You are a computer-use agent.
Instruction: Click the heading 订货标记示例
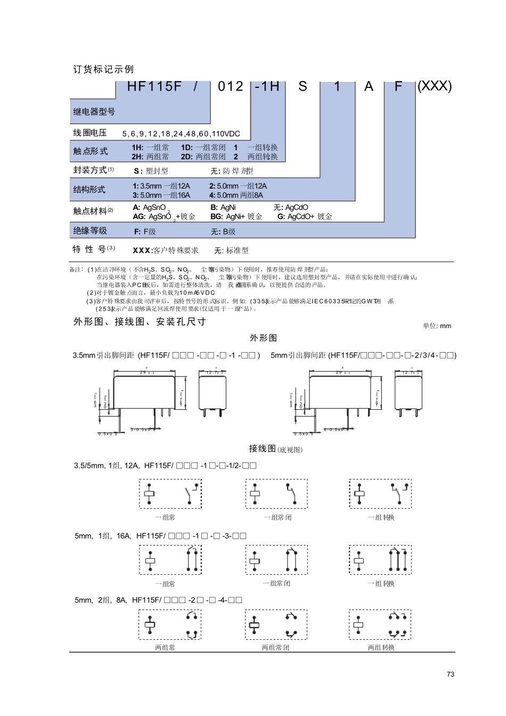click(x=103, y=70)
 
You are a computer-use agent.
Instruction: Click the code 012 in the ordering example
click(x=231, y=87)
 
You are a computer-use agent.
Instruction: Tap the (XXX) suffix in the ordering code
click(x=435, y=86)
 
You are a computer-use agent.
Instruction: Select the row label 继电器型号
click(x=94, y=112)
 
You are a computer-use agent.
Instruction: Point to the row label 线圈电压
click(x=90, y=133)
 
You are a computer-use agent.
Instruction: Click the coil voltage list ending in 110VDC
click(x=181, y=134)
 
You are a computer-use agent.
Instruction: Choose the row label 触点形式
click(x=91, y=151)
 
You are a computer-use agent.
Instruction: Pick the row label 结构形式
click(x=89, y=190)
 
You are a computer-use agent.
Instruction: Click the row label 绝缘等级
click(x=90, y=231)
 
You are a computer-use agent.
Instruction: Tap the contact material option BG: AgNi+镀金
click(x=236, y=217)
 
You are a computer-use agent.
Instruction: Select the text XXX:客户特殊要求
click(x=166, y=250)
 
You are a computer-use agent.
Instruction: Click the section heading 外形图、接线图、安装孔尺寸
click(x=140, y=322)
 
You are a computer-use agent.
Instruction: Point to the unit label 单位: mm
click(x=437, y=326)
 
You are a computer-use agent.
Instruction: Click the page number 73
click(x=451, y=674)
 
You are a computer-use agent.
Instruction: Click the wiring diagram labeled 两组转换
click(x=380, y=624)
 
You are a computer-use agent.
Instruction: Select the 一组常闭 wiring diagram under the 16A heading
click(x=276, y=560)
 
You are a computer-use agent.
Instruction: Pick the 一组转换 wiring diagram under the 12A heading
click(x=380, y=494)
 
